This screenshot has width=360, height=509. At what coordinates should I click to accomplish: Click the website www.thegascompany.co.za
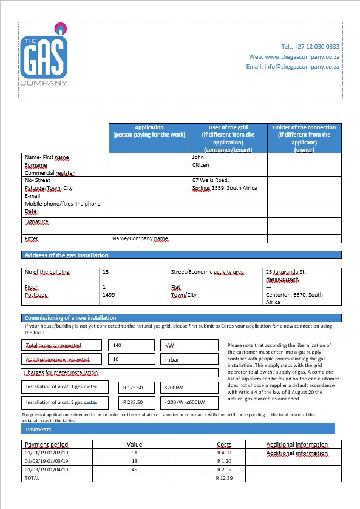coord(302,56)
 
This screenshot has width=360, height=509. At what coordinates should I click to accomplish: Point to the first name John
coord(198,157)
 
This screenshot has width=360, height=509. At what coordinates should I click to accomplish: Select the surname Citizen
coord(201,165)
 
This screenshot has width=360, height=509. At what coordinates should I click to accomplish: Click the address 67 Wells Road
coord(210,180)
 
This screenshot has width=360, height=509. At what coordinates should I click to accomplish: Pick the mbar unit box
coord(189,359)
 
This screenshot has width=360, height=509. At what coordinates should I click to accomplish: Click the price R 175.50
coord(132,386)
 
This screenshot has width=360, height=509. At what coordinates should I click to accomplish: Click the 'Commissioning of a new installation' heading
coord(70,317)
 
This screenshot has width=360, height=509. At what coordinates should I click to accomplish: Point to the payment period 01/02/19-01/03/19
coord(46,461)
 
